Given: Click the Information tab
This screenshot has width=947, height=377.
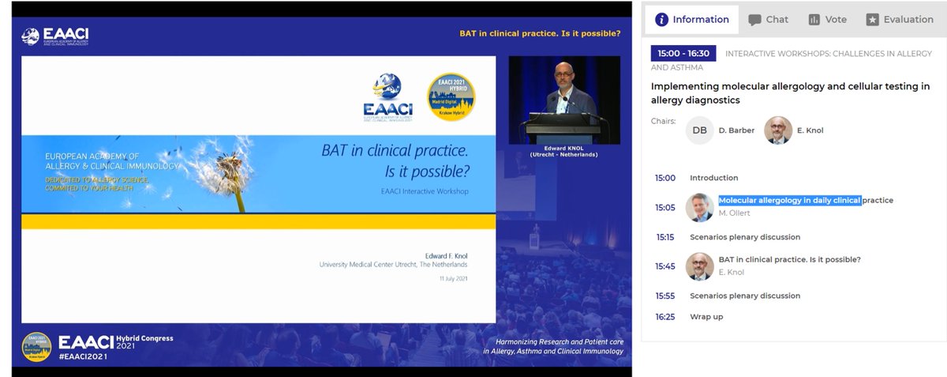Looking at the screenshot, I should [692, 19].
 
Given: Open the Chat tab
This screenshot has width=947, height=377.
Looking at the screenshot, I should [768, 19].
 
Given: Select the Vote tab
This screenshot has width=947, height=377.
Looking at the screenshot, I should [827, 19].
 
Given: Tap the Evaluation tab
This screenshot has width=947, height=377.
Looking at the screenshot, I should [899, 19].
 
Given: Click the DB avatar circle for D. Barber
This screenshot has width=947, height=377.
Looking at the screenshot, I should [699, 130].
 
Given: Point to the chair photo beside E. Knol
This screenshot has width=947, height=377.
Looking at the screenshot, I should [778, 130].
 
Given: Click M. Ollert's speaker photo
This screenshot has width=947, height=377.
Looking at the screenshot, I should [699, 207].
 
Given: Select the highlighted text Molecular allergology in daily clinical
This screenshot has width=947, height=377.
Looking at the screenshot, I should [789, 200].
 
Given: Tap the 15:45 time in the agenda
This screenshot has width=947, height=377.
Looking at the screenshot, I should [665, 266].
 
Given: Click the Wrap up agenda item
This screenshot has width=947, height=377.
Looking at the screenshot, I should [706, 317].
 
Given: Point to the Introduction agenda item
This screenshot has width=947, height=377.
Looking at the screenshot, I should [713, 178].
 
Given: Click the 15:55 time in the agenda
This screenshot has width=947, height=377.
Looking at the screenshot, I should [665, 296].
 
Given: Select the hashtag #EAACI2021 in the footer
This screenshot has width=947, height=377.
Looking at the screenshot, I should [82, 356].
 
